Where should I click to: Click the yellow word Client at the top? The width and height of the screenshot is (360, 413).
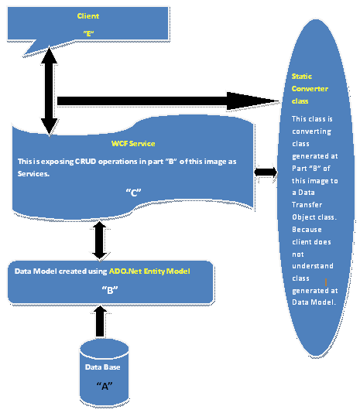pyautogui.click(x=88, y=15)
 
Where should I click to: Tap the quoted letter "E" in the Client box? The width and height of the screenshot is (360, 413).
pyautogui.click(x=87, y=34)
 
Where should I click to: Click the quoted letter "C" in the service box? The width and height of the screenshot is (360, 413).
pyautogui.click(x=132, y=193)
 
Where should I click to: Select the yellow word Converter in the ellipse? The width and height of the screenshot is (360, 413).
pyautogui.click(x=310, y=89)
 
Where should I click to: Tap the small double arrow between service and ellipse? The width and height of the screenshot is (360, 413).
pyautogui.click(x=266, y=171)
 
